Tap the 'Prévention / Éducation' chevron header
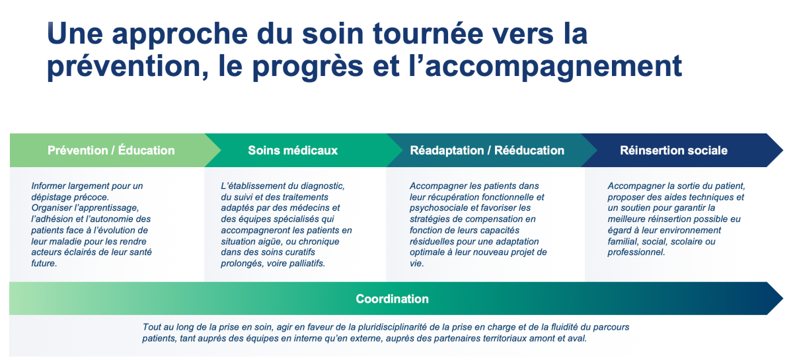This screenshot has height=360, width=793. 111,151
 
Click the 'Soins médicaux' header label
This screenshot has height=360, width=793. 293,151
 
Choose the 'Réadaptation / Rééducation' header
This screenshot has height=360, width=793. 487,151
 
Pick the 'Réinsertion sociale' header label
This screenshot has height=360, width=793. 673,151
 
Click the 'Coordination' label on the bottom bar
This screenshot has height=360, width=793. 393,299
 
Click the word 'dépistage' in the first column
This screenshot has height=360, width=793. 52,197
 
